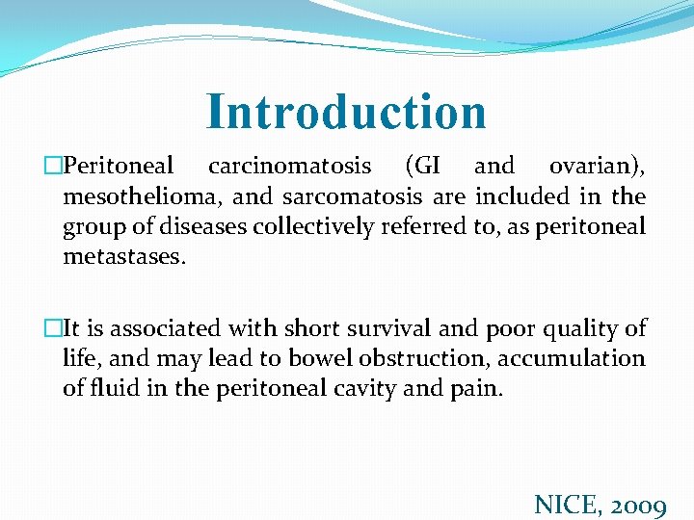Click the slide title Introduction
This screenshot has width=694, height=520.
(x=346, y=111)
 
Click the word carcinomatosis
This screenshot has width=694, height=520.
(x=289, y=166)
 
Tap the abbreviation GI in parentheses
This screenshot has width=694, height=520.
(x=423, y=166)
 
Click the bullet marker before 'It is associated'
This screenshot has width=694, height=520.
(x=55, y=328)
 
